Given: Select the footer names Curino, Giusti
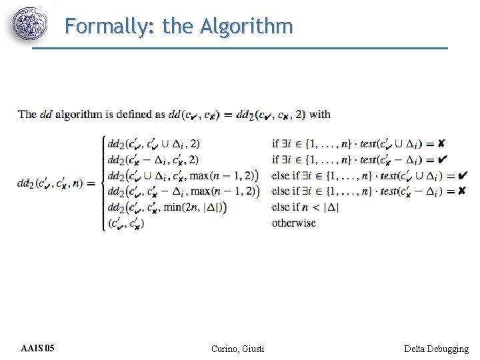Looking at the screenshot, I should (237, 349).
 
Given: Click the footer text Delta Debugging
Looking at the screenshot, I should (436, 349).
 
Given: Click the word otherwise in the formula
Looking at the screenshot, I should (293, 223).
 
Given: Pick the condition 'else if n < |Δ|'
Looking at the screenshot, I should (305, 207).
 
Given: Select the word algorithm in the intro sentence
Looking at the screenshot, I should (79, 114).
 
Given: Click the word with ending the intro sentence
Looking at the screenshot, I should (320, 114).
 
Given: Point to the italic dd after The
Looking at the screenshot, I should (45, 114).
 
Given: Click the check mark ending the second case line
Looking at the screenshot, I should (443, 159).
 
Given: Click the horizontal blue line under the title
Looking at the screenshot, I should (240, 48).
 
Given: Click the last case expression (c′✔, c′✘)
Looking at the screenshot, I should (125, 223).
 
